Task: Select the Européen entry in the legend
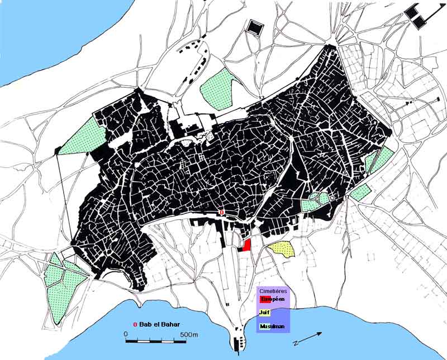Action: click(x=273, y=299)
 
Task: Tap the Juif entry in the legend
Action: click(x=264, y=313)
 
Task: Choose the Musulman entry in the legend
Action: click(x=272, y=327)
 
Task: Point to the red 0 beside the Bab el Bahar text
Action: click(x=135, y=325)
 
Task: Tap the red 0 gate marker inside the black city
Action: click(x=222, y=213)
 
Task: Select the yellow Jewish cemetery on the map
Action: click(x=281, y=248)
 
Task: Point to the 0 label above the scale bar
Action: click(x=126, y=334)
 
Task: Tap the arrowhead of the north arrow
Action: click(x=320, y=334)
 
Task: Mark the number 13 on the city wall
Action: click(x=261, y=98)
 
